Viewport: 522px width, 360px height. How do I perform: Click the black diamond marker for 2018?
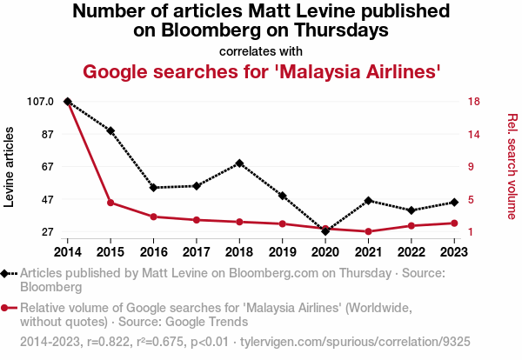[x=239, y=163]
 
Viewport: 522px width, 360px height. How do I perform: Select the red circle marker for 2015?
[x=110, y=203]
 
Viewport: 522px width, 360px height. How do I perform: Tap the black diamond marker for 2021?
[x=368, y=201]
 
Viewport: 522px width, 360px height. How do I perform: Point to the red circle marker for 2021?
[x=368, y=231]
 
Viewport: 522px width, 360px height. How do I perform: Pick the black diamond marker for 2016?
[x=153, y=188]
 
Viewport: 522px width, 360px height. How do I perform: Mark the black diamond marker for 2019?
[x=282, y=196]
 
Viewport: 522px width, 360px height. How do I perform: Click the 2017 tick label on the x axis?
[x=197, y=252]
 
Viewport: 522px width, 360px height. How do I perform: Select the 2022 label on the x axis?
[x=411, y=252]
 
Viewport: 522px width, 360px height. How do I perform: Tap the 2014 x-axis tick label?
[x=68, y=252]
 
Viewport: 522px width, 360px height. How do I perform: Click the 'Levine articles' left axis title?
[x=11, y=166]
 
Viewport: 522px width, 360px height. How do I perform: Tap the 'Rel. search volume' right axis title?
[x=512, y=166]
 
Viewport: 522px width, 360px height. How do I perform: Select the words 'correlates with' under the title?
[x=261, y=50]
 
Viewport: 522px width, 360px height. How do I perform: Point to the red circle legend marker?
[x=7, y=308]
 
